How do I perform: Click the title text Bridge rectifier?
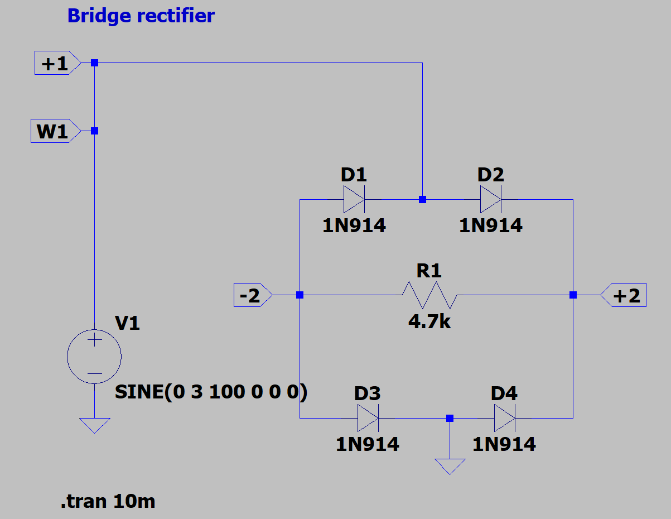pos(141,16)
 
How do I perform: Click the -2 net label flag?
pos(251,295)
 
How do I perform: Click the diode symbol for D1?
pos(354,200)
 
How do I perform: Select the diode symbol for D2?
pos(490,200)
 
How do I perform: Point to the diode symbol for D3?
pos(368,418)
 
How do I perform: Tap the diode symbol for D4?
pos(504,418)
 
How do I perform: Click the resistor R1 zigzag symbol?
pos(429,295)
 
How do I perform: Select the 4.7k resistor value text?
pos(429,321)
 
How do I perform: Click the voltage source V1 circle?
pos(94,356)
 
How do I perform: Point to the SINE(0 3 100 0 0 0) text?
pos(211,392)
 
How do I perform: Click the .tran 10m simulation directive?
pos(108,502)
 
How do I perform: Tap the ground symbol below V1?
pos(94,425)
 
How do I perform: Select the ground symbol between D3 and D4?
pos(450,465)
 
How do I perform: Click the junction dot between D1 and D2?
pos(422,200)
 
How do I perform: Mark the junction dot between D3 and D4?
pos(450,418)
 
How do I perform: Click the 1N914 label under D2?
pos(490,225)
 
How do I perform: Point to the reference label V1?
pos(127,323)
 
